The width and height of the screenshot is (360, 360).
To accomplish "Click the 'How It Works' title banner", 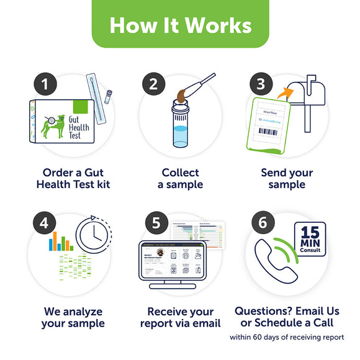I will coord(180,24).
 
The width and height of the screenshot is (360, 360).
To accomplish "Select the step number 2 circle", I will coord(152,84).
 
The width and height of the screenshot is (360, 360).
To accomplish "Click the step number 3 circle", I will coord(261,84).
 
